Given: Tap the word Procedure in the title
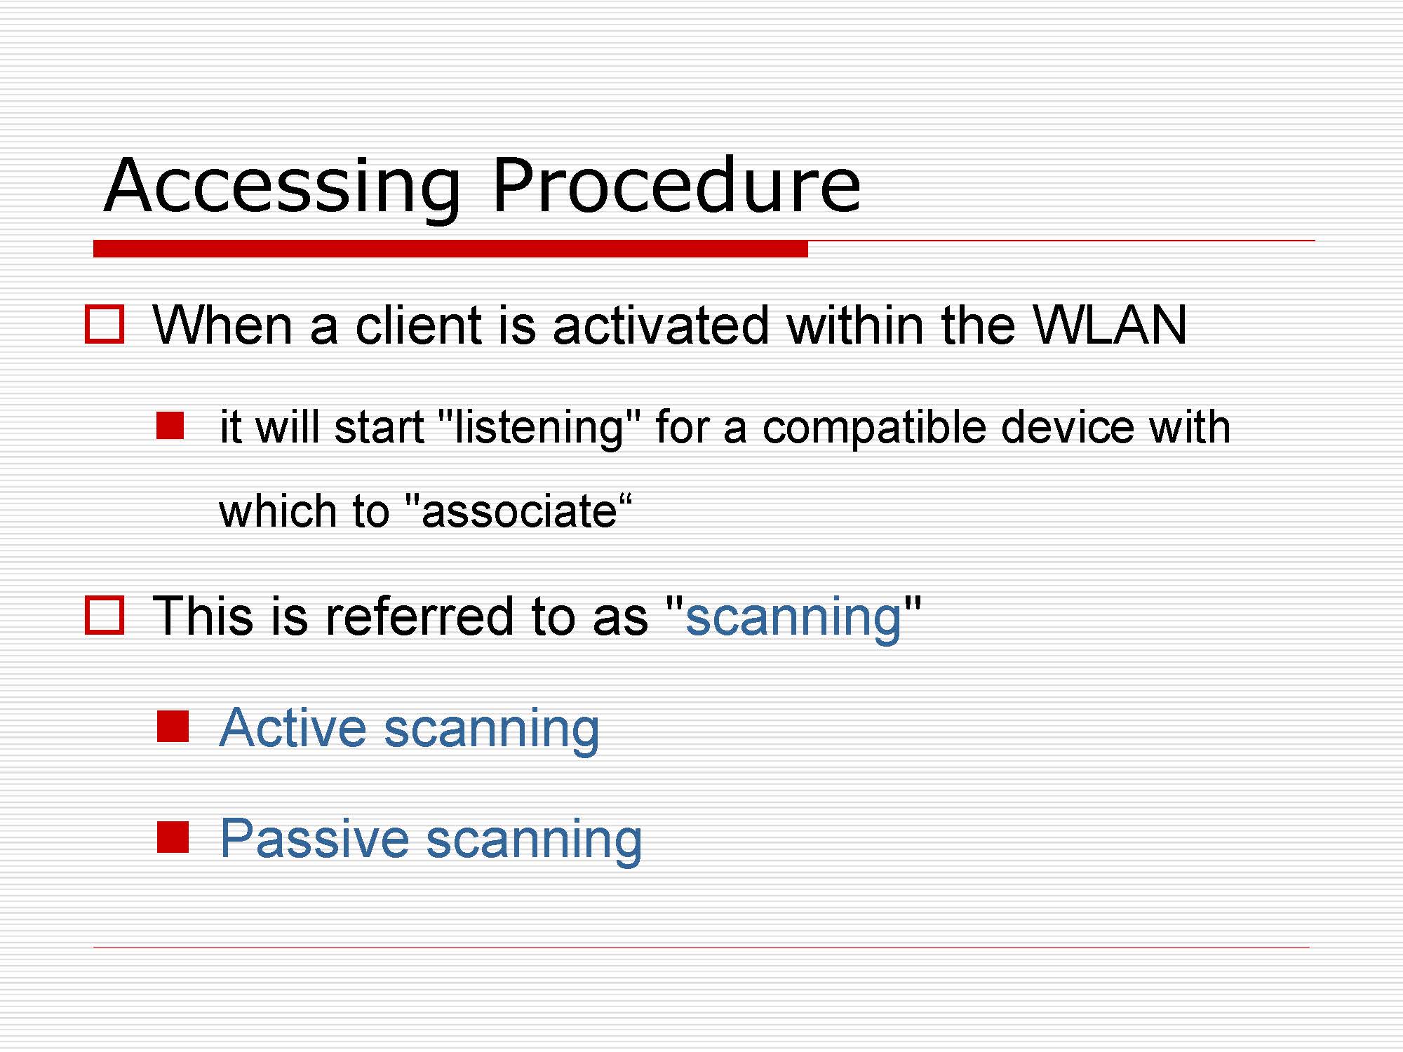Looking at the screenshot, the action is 676,184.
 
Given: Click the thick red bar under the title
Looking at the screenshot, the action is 450,248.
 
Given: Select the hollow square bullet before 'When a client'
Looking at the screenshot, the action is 105,324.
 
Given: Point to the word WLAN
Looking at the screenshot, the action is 1110,325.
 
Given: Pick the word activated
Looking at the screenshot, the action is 661,325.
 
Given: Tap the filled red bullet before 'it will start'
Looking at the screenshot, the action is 170,426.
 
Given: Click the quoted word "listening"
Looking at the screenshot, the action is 539,427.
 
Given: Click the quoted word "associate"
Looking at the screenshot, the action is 519,510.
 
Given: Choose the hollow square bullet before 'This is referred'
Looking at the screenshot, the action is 105,615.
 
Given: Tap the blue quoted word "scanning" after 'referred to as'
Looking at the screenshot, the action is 793,617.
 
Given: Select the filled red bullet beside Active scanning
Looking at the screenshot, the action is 173,727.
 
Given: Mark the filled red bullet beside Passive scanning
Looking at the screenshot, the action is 173,837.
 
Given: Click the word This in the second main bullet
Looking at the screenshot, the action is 203,616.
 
